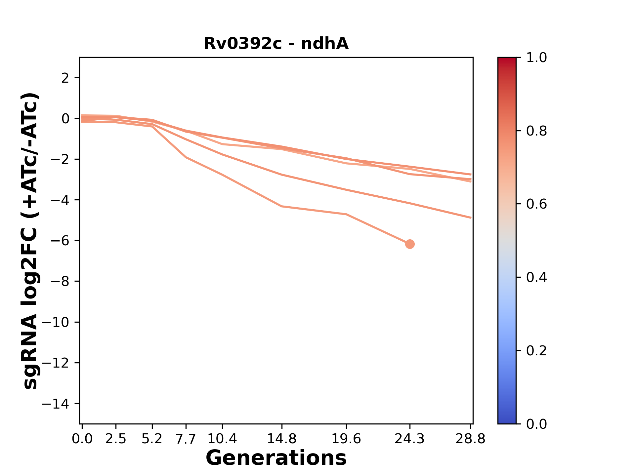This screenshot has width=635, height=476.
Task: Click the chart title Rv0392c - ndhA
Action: click(x=276, y=44)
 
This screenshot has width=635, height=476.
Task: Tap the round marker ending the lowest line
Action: click(x=410, y=244)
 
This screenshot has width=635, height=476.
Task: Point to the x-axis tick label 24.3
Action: click(x=410, y=439)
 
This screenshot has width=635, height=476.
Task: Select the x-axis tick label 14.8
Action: click(x=282, y=439)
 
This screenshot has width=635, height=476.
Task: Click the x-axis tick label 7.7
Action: click(x=186, y=439)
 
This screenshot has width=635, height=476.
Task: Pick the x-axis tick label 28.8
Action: click(x=470, y=439)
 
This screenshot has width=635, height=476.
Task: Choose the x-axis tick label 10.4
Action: click(x=222, y=439)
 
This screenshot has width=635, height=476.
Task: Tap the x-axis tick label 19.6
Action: click(x=346, y=439)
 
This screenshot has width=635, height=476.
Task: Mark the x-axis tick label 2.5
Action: click(x=116, y=439)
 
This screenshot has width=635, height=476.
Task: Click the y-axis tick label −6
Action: click(x=60, y=241)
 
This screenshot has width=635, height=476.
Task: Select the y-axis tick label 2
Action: click(x=65, y=78)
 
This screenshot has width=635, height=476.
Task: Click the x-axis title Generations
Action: click(x=276, y=458)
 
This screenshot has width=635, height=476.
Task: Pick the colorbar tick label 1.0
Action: click(x=536, y=58)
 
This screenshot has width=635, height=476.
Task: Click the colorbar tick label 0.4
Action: click(x=536, y=277)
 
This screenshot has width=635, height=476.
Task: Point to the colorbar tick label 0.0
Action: click(x=536, y=424)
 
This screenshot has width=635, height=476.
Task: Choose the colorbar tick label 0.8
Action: click(x=536, y=131)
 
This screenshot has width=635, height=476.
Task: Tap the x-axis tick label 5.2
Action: click(x=152, y=439)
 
